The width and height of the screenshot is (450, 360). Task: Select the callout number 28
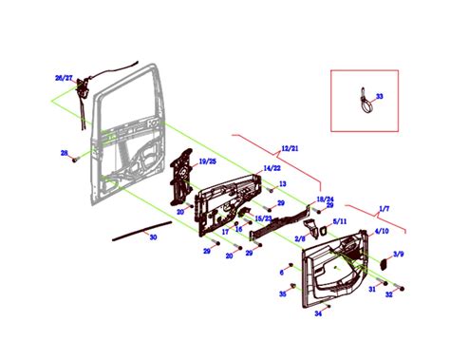pyautogui.click(x=64, y=153)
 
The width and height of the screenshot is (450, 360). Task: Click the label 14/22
pyautogui.click(x=271, y=168)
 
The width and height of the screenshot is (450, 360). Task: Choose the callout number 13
pyautogui.click(x=282, y=183)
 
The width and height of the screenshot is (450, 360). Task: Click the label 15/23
pyautogui.click(x=263, y=218)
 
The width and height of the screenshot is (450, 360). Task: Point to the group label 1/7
pyautogui.click(x=384, y=207)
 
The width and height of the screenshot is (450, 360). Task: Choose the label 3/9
pyautogui.click(x=399, y=255)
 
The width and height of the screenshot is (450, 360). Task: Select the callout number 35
pyautogui.click(x=282, y=295)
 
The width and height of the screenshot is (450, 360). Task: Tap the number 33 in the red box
pyautogui.click(x=380, y=96)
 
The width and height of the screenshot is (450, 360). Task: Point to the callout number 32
pyautogui.click(x=388, y=295)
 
